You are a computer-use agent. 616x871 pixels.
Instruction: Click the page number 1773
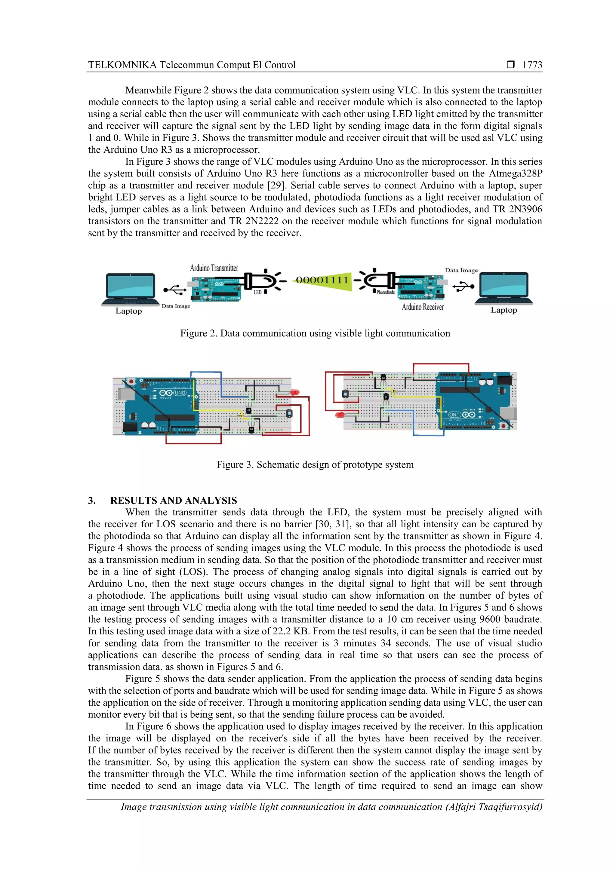[532, 65]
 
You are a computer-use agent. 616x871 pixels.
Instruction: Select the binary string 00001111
[322, 280]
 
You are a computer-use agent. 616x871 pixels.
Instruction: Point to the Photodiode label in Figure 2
[385, 292]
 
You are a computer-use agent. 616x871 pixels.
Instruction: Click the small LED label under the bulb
[257, 293]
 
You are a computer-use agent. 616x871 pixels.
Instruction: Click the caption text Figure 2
[315, 333]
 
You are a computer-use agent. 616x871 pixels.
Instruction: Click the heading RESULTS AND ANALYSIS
[174, 500]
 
